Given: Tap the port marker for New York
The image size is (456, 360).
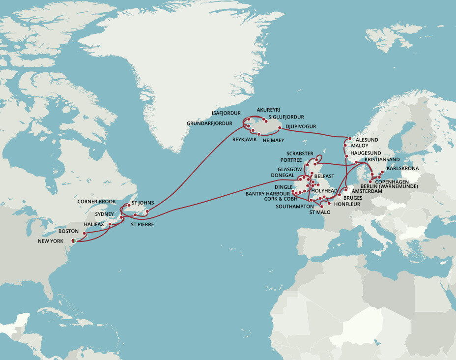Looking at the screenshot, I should click(x=74, y=240).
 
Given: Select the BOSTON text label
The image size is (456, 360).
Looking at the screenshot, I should click(x=68, y=231).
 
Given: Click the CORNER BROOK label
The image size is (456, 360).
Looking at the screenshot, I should click(x=96, y=202).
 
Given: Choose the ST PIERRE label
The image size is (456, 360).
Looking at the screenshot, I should click(x=142, y=224).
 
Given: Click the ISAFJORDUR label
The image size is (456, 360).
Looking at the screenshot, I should click(x=226, y=113).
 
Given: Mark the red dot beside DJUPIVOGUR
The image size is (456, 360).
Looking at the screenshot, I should click(x=280, y=128).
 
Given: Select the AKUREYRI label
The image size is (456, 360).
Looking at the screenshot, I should click(x=269, y=110).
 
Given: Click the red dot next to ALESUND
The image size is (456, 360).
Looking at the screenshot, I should click(x=350, y=139).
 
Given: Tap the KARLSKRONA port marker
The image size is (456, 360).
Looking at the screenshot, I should click(x=382, y=173).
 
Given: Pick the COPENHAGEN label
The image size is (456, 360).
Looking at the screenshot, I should click(x=392, y=181).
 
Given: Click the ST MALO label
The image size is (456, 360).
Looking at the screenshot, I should click(x=320, y=212).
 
